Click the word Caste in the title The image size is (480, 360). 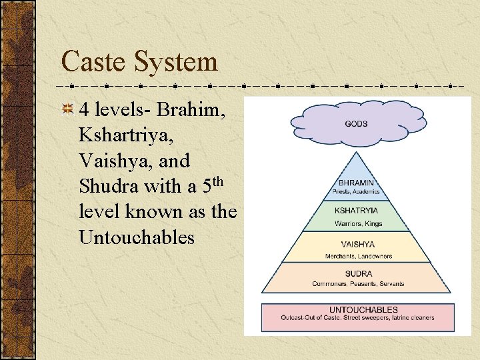tap(93, 62)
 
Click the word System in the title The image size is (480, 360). tap(177, 62)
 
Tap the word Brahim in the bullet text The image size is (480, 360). tap(199, 110)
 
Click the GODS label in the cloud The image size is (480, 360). tap(357, 123)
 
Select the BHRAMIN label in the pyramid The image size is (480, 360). tap(357, 182)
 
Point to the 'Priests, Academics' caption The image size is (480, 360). tap(357, 191)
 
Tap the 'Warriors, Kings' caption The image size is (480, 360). tap(358, 224)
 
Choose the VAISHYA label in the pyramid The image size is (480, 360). tap(357, 245)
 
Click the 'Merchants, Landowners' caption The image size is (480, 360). tap(358, 256)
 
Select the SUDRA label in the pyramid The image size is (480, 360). tap(358, 273)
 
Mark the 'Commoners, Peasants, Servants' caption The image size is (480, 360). tap(358, 284)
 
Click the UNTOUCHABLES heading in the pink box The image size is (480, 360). tap(363, 309)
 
